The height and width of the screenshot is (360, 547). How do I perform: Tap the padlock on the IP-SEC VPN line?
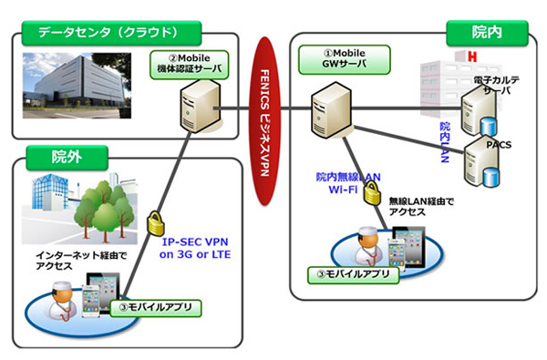(x=155, y=222)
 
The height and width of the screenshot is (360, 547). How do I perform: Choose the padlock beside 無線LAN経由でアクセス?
(x=371, y=192)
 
